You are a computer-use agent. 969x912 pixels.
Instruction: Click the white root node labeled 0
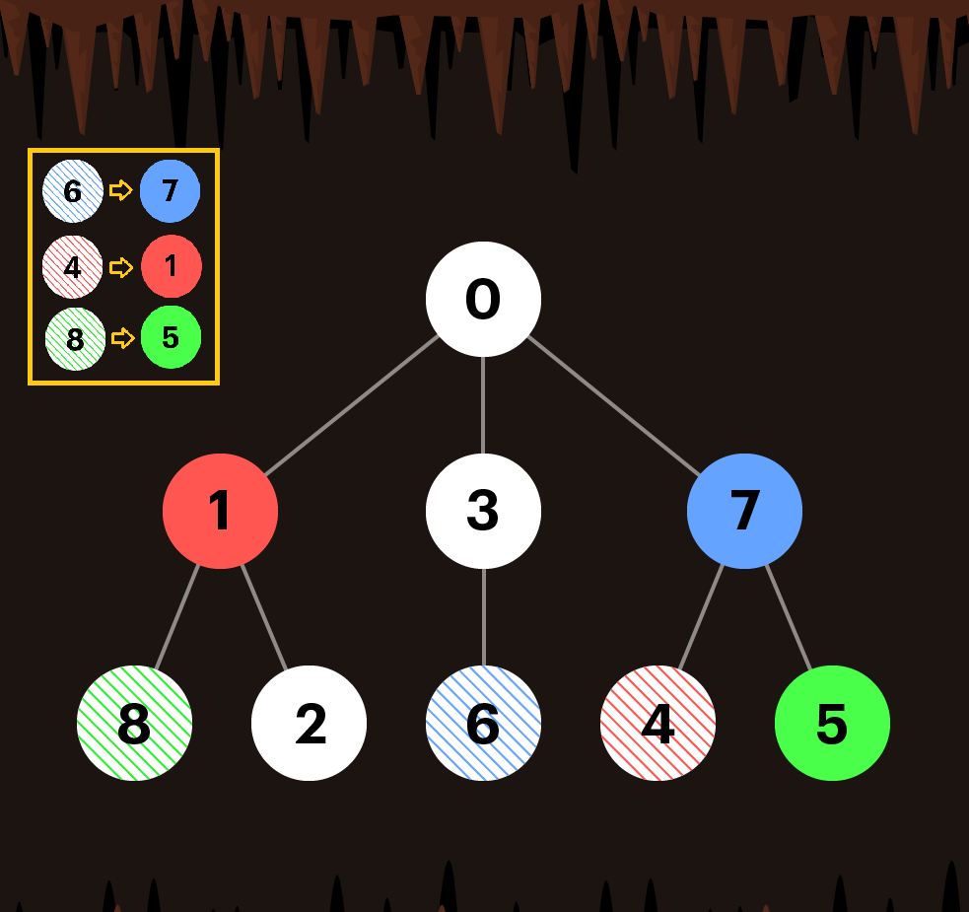(483, 299)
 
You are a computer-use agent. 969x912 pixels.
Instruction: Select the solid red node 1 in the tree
(220, 511)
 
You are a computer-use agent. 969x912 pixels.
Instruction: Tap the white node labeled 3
(483, 511)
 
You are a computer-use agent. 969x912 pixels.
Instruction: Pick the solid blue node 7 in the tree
(744, 511)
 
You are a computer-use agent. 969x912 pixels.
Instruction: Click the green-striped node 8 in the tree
(134, 723)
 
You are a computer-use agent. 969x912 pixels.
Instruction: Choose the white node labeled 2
(309, 723)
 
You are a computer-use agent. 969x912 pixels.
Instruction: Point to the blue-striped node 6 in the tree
(483, 723)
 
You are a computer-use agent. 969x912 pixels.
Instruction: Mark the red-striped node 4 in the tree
(658, 723)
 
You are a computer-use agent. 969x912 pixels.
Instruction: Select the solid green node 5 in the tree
(832, 723)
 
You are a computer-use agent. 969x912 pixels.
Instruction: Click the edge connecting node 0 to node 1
(351, 405)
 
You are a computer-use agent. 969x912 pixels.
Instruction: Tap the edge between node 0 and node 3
(483, 405)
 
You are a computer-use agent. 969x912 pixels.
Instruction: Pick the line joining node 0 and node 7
(614, 405)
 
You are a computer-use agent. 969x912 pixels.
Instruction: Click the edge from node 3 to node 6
(483, 617)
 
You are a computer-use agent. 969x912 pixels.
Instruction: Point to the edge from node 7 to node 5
(789, 617)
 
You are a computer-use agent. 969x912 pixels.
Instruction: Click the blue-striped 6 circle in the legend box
(73, 190)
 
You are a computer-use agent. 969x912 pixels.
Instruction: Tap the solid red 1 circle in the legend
(171, 266)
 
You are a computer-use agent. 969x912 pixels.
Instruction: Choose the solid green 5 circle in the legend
(171, 337)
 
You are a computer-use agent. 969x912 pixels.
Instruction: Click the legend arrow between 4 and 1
(121, 267)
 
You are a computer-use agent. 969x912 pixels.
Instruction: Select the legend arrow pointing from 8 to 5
(122, 338)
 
